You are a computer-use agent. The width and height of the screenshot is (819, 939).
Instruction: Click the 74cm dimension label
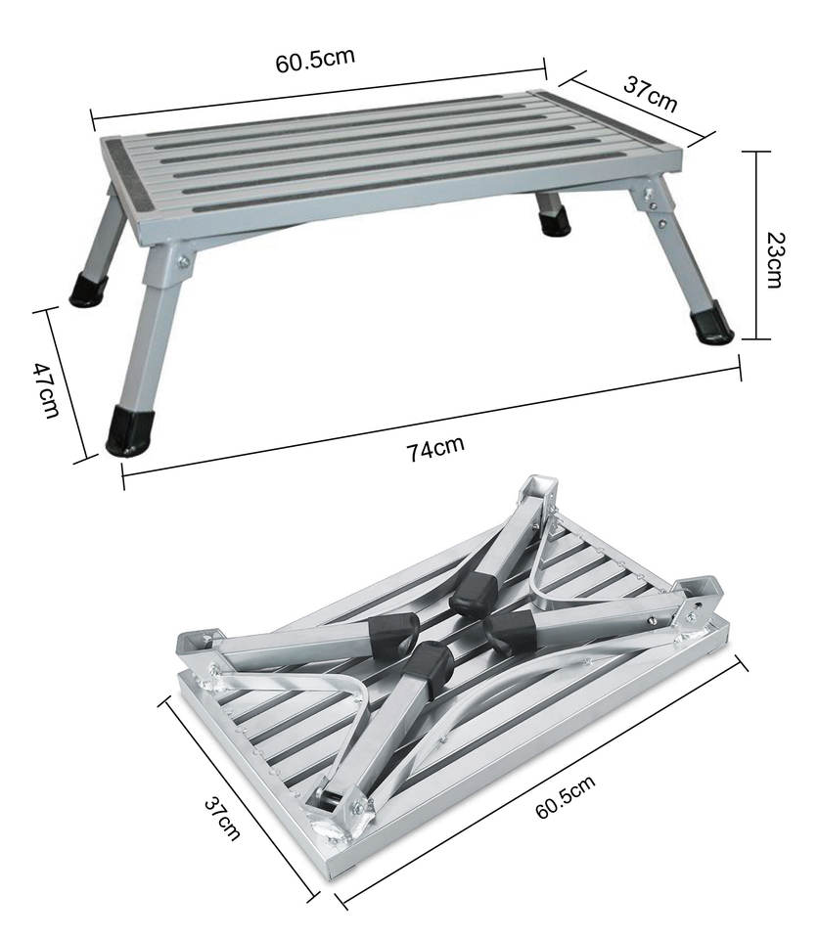coord(436,449)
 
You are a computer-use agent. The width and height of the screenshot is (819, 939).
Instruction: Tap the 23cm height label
coord(774,260)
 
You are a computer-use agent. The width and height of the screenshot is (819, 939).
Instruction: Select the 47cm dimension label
coord(46,390)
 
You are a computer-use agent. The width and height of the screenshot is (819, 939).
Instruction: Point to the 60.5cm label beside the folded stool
coord(566,796)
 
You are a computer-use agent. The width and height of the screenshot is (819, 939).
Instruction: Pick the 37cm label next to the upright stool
coord(650,94)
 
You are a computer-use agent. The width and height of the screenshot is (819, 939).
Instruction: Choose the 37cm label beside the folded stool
coord(222,818)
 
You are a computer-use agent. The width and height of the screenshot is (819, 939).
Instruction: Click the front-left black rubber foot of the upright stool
coord(129,430)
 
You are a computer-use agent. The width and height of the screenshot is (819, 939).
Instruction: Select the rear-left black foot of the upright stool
coord(88,290)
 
